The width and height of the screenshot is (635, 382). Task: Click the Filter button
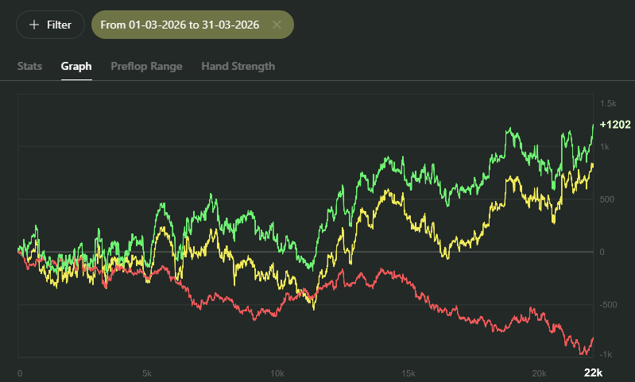(50, 25)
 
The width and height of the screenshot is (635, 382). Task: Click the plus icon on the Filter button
(34, 25)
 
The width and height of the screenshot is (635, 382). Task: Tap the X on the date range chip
(277, 25)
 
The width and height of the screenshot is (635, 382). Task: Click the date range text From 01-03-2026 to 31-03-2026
(181, 25)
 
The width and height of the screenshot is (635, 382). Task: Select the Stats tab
(30, 66)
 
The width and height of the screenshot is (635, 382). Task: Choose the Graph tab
(76, 66)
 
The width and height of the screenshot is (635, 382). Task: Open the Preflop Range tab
(146, 66)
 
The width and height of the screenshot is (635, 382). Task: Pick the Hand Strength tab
(238, 66)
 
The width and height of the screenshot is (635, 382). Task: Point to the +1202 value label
(615, 125)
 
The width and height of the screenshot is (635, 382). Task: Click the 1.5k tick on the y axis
(608, 104)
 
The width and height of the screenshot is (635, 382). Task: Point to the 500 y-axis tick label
(608, 199)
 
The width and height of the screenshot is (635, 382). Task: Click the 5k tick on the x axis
(147, 373)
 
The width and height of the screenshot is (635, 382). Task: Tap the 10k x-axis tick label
(277, 373)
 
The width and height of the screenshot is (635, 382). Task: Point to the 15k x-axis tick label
(408, 373)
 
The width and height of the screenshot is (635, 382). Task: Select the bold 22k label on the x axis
(593, 373)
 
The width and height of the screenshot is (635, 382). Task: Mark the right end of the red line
(593, 338)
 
